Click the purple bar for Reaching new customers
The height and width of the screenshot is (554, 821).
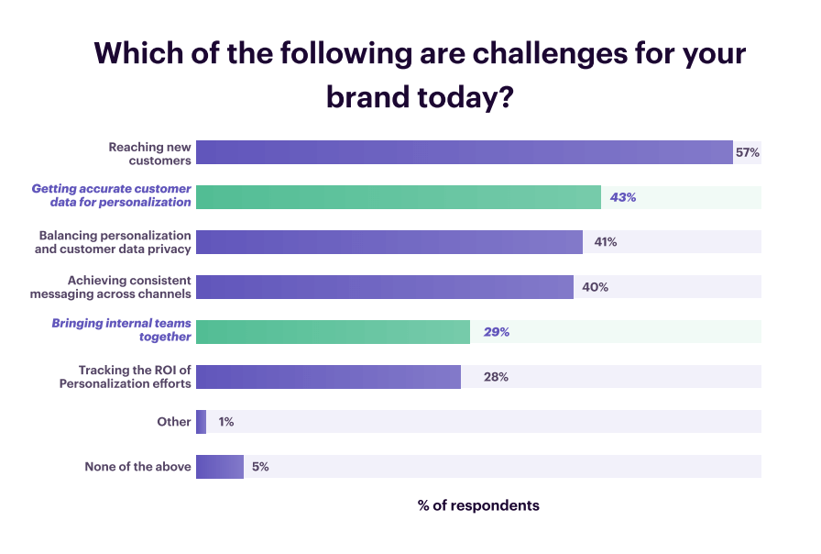[465, 152]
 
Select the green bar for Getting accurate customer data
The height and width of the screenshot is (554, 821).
[399, 197]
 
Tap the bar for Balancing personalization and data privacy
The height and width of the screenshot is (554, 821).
[389, 242]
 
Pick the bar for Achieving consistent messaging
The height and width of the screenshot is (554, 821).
[385, 287]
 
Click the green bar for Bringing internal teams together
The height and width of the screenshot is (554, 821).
[333, 332]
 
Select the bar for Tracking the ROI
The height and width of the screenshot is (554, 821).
[328, 377]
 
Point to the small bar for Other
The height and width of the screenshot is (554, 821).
[201, 422]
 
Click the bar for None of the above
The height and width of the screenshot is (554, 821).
[220, 467]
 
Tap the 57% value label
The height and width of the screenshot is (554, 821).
[747, 152]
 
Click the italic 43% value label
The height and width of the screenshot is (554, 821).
[623, 197]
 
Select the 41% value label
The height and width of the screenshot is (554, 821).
[605, 242]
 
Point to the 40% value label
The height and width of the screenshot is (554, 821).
[596, 287]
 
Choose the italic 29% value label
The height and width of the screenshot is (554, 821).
[497, 332]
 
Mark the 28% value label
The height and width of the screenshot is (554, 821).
[496, 377]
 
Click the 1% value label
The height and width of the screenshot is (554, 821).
[226, 422]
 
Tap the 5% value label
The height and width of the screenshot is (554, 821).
[260, 467]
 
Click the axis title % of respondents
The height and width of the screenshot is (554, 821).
[478, 505]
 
